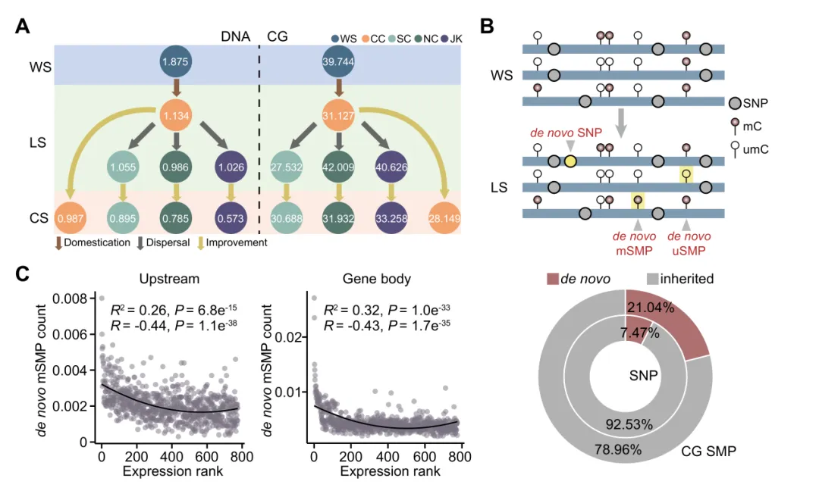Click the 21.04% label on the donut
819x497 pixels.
(645, 307)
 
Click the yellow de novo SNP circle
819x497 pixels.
(570, 161)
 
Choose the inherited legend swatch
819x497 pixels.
(651, 279)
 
